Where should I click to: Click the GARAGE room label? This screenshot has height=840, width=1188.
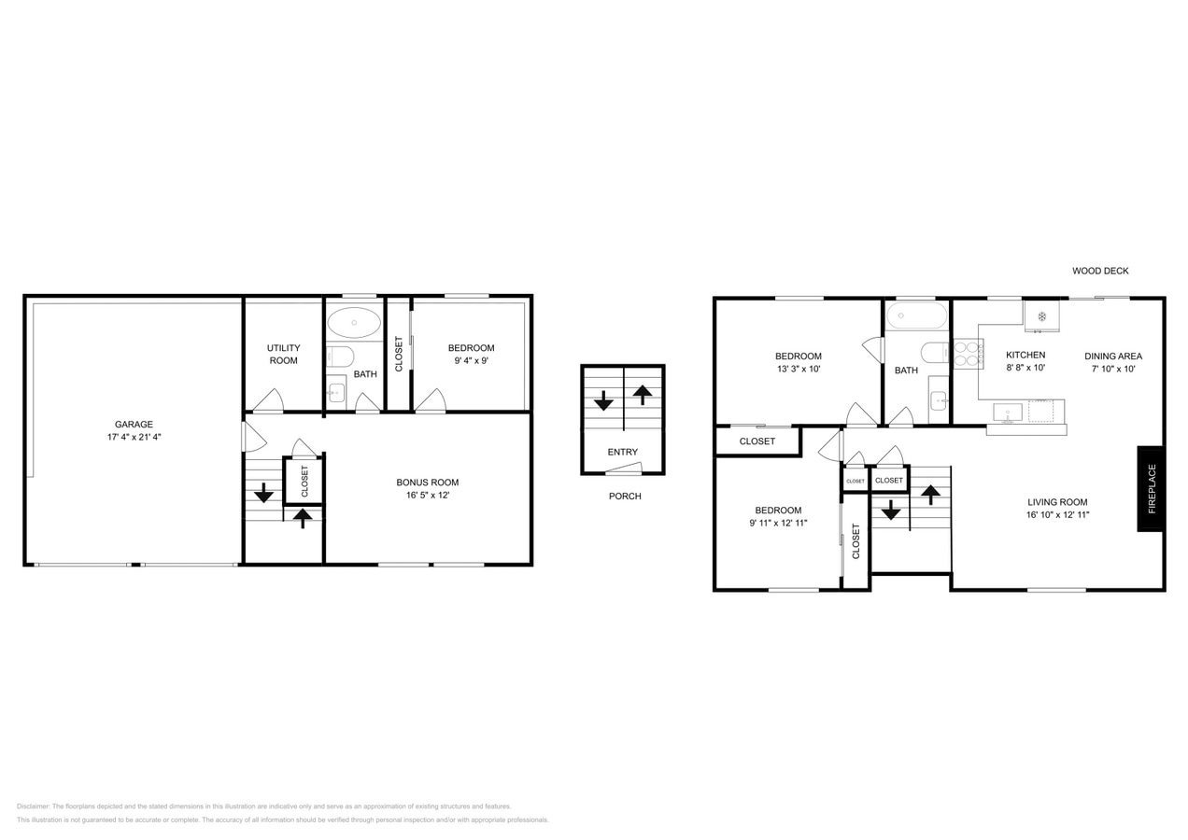134,424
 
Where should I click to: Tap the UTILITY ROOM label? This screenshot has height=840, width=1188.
283,354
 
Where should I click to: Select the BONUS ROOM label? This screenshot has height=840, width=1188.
428,483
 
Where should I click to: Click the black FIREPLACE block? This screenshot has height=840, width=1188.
1152,489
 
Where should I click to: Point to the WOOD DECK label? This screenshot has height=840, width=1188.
1100,271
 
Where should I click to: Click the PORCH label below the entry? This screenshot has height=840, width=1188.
625,496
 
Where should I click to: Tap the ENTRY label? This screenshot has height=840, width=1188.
623,452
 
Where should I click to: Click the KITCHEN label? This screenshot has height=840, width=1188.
1025,355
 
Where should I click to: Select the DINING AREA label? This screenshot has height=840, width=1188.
1113,357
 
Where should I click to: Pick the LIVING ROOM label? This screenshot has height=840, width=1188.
1057,502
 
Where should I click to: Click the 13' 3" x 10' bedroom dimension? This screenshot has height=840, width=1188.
799,369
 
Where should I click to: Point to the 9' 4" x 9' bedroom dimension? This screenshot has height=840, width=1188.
472,360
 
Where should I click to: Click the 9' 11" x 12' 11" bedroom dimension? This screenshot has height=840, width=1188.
778,523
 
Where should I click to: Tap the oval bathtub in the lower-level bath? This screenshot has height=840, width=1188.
354,322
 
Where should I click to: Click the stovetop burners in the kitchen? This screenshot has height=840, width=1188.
969,354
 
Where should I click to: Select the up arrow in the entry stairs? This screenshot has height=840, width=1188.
643,394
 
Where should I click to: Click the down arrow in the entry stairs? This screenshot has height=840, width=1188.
603,400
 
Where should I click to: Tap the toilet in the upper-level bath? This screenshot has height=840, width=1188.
935,353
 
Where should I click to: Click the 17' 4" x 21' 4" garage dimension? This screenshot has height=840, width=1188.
134,437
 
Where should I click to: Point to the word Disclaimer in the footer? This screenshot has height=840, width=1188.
34,806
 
